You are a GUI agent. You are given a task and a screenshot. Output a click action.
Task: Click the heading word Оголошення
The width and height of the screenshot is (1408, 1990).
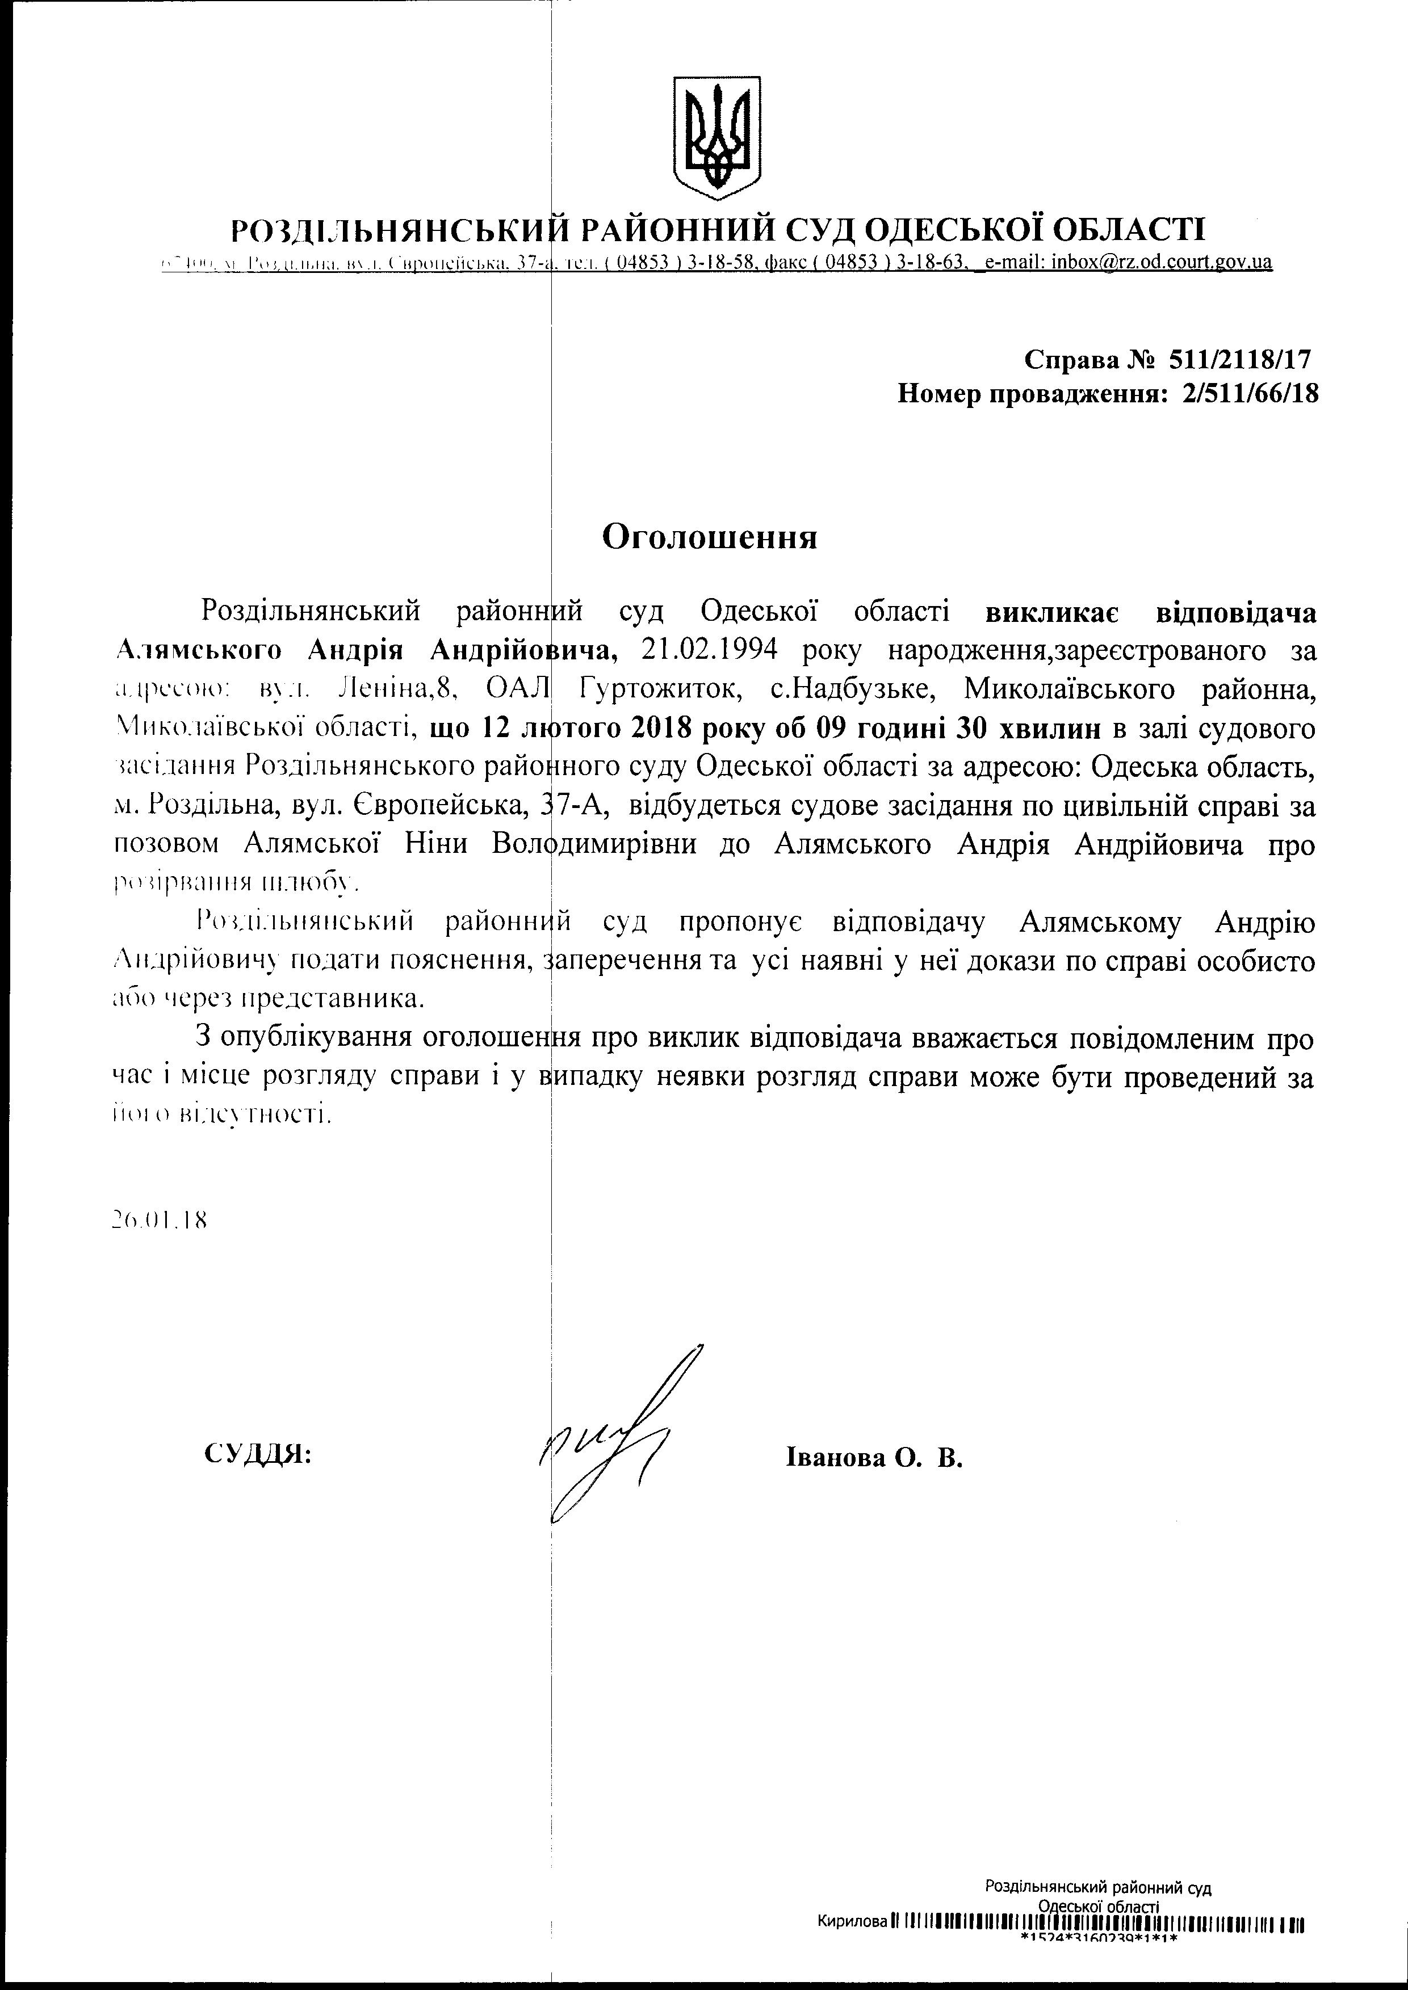click(x=709, y=537)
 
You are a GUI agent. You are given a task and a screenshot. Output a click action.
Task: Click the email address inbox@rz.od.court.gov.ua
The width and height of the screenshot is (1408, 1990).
click(x=1162, y=263)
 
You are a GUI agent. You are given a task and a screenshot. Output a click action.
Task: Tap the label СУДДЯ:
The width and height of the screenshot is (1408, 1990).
click(x=258, y=1454)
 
